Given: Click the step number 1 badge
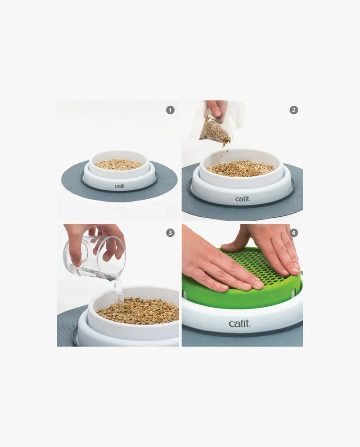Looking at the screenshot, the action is pyautogui.click(x=170, y=110).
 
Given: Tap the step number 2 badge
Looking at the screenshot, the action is pyautogui.click(x=293, y=110).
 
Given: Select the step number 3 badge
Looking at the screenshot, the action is pyautogui.click(x=170, y=232).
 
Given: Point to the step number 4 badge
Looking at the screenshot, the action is pyautogui.click(x=293, y=232).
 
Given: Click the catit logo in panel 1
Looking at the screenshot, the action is pyautogui.click(x=120, y=186).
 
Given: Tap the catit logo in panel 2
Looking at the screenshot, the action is pyautogui.click(x=243, y=199).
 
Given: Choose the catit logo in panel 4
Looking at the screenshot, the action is pyautogui.click(x=239, y=323).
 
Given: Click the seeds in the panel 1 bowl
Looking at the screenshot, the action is pyautogui.click(x=118, y=165).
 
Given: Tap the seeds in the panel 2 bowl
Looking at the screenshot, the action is pyautogui.click(x=240, y=169).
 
